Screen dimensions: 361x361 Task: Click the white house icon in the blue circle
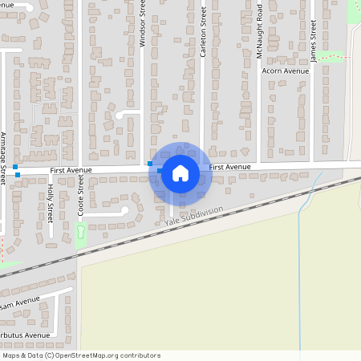click(x=180, y=172)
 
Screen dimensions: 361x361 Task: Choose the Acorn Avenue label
click(x=285, y=71)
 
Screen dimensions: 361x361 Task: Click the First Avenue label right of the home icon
click(x=230, y=167)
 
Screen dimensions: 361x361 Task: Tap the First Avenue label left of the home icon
click(x=71, y=171)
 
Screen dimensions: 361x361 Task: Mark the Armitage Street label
click(x=3, y=157)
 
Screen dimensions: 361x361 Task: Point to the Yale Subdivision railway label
click(x=193, y=212)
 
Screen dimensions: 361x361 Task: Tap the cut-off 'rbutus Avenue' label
click(x=25, y=335)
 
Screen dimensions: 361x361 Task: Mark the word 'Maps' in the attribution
click(x=12, y=355)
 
